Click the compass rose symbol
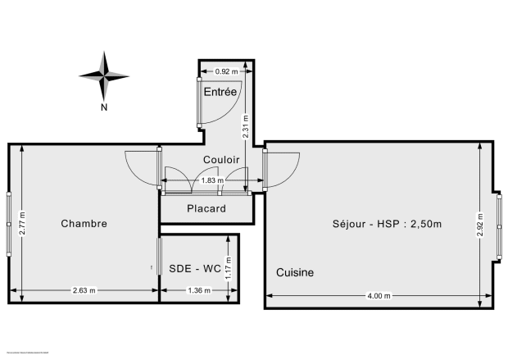[105, 75]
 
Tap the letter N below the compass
[105, 107]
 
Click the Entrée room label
[220, 92]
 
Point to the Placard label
[206, 208]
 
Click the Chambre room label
[84, 223]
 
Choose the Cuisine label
[294, 272]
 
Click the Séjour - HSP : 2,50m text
[388, 224]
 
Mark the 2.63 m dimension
[84, 290]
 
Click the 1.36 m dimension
[199, 290]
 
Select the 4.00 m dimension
[379, 295]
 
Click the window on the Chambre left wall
[8, 221]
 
